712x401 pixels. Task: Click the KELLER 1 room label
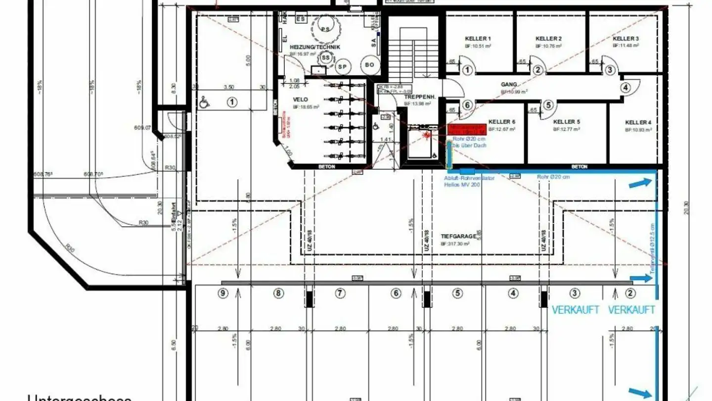pyautogui.click(x=478, y=39)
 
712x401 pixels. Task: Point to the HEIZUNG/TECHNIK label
pyautogui.click(x=315, y=47)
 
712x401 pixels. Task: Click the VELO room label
pyautogui.click(x=300, y=100)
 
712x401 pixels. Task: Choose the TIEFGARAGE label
pyautogui.click(x=458, y=237)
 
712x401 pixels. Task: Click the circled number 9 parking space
pyautogui.click(x=223, y=293)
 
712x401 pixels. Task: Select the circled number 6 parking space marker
pyautogui.click(x=396, y=293)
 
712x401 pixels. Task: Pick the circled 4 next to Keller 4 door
pyautogui.click(x=625, y=88)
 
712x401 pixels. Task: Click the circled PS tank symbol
pyautogui.click(x=325, y=29)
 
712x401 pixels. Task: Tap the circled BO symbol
pyautogui.click(x=369, y=65)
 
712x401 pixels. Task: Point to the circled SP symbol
pyautogui.click(x=342, y=66)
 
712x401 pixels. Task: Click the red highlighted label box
pyautogui.click(x=466, y=130)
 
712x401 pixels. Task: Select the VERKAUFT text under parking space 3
pyautogui.click(x=576, y=310)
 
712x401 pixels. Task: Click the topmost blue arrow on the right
pyautogui.click(x=640, y=184)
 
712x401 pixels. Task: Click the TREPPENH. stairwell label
pyautogui.click(x=420, y=98)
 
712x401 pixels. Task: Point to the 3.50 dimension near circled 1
pyautogui.click(x=228, y=87)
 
